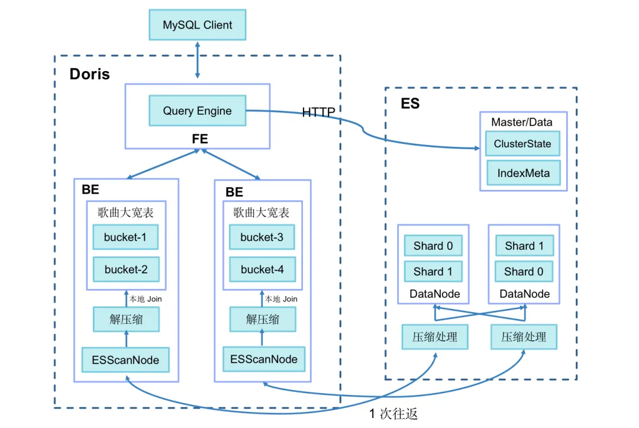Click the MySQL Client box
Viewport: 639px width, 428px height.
click(x=197, y=25)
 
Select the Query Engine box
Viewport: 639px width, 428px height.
click(x=197, y=111)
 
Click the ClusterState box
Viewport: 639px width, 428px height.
click(x=522, y=144)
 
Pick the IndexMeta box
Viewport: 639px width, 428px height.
click(x=523, y=173)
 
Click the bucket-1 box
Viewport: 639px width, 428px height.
click(x=125, y=237)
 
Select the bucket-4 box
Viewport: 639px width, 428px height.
click(x=262, y=269)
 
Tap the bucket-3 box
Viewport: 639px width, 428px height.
click(x=262, y=237)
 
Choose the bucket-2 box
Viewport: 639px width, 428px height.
click(x=125, y=269)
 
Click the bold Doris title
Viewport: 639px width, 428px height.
click(x=90, y=75)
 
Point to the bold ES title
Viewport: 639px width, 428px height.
click(x=410, y=104)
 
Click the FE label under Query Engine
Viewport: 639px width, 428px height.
click(x=200, y=140)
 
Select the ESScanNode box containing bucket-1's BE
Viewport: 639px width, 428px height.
click(x=125, y=359)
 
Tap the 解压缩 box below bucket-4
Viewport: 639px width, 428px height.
click(x=262, y=320)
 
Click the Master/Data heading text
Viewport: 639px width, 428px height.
click(x=522, y=123)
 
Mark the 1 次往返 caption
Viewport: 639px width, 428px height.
click(x=393, y=414)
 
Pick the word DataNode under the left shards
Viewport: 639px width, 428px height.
click(x=434, y=294)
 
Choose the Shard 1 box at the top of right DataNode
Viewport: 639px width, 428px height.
click(x=524, y=246)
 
